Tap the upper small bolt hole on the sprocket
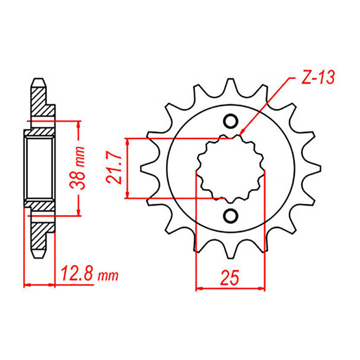[x=230, y=121]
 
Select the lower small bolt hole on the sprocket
[x=230, y=215]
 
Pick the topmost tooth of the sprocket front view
[x=230, y=86]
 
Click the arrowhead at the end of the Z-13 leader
[x=242, y=134]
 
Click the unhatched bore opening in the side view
[x=39, y=167]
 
